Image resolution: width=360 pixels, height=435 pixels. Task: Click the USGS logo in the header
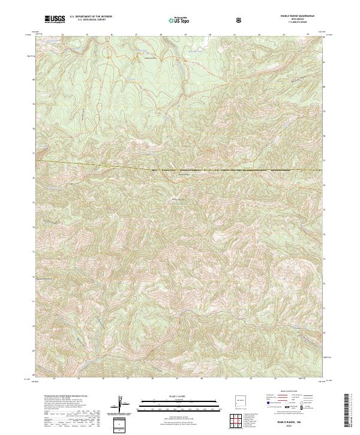[53, 19]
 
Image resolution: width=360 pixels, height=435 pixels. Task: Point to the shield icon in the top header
[240, 20]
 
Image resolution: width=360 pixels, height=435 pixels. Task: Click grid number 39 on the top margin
[185, 35]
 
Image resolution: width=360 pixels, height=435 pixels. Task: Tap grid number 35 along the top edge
[87, 35]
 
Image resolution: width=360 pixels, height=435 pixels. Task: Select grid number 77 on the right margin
[324, 161]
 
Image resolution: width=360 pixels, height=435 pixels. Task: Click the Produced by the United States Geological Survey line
[60, 396]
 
